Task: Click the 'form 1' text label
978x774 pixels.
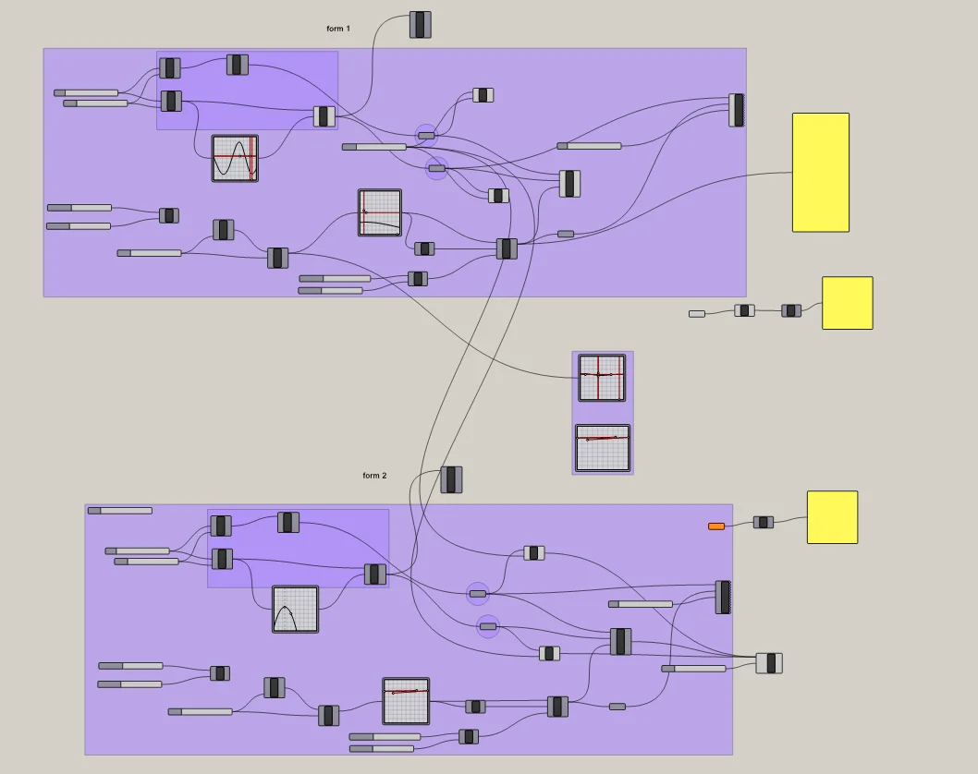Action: (x=338, y=29)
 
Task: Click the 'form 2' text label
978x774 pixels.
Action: (x=374, y=476)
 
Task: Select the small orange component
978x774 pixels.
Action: (x=716, y=526)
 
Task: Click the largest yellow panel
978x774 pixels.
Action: (x=820, y=173)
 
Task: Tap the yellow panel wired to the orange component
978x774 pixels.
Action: (x=832, y=517)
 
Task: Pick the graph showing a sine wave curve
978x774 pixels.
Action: (x=235, y=158)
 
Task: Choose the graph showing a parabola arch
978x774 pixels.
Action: (x=295, y=610)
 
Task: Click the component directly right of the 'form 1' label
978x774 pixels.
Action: (x=421, y=25)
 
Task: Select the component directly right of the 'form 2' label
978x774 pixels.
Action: (x=451, y=479)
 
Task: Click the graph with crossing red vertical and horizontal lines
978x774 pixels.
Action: (x=602, y=378)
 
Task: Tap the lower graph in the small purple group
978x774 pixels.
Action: (x=603, y=447)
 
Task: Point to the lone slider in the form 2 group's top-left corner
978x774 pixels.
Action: (x=120, y=510)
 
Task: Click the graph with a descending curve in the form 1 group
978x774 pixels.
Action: (x=380, y=212)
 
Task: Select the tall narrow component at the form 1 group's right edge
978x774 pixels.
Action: (x=736, y=110)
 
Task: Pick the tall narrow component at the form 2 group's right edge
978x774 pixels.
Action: (x=723, y=597)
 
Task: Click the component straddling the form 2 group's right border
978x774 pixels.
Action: (x=769, y=662)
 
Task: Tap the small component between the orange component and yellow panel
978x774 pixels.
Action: (x=763, y=522)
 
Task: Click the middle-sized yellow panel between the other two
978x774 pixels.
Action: (x=847, y=303)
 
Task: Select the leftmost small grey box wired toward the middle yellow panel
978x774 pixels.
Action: (x=697, y=314)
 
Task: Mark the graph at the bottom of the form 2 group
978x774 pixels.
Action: (x=406, y=701)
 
